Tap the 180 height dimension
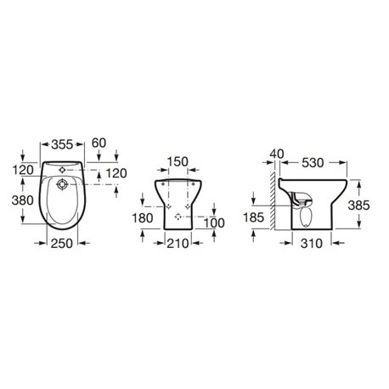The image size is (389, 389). pyautogui.click(x=144, y=218)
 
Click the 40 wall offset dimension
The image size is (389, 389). pyautogui.click(x=273, y=153)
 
